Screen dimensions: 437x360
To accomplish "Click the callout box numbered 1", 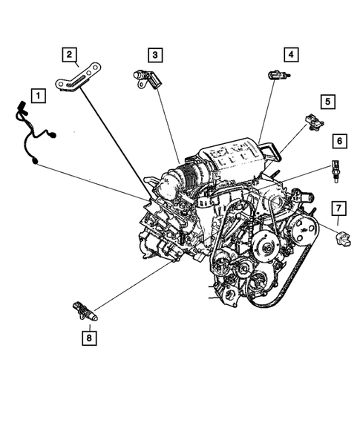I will click(x=36, y=96).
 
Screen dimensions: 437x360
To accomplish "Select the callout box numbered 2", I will click(x=68, y=53).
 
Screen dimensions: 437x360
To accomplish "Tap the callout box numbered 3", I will click(x=154, y=54).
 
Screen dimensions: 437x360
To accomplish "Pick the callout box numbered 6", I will click(x=338, y=140).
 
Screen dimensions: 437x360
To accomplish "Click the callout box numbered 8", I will click(x=90, y=338).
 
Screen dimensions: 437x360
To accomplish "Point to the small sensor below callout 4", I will click(x=277, y=74).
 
